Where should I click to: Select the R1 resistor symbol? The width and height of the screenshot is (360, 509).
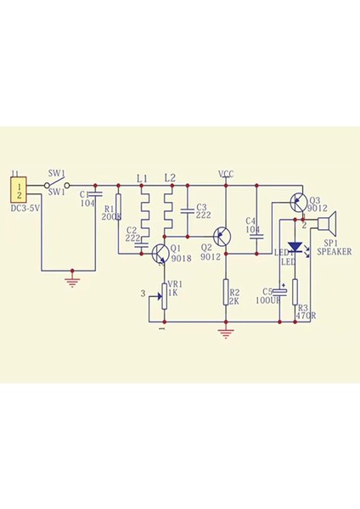[118, 205]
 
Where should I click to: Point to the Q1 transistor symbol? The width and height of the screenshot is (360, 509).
[160, 252]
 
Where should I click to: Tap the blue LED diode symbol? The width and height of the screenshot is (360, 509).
[294, 249]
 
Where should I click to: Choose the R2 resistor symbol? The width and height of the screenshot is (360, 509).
[226, 293]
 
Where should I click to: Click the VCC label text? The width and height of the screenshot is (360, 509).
[226, 174]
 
